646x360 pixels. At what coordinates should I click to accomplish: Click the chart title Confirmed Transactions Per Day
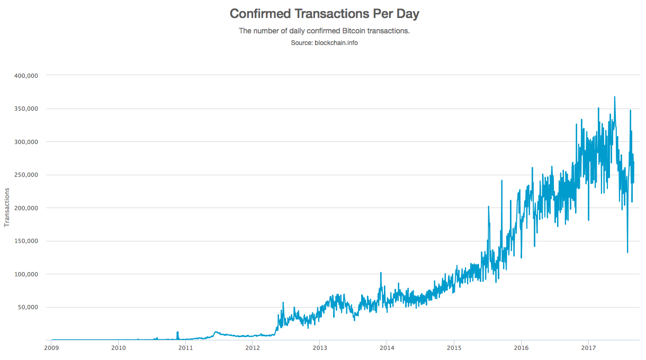(324, 14)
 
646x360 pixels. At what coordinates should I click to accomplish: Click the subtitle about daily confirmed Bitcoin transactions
(324, 31)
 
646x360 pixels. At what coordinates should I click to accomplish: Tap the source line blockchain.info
(324, 42)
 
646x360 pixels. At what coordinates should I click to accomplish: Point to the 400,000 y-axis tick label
(26, 76)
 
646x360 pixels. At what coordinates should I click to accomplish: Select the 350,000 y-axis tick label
(26, 109)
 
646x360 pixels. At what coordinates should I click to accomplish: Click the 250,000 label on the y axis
(26, 175)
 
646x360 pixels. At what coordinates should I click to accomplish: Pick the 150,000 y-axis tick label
(26, 241)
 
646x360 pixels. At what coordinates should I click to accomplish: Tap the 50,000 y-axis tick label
(28, 307)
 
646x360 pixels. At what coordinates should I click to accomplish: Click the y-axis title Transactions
(7, 207)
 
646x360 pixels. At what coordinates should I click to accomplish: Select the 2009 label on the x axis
(51, 348)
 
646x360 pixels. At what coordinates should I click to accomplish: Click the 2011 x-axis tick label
(185, 348)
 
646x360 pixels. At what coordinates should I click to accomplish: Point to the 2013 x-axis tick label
(320, 348)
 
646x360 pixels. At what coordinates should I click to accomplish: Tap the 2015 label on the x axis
(454, 348)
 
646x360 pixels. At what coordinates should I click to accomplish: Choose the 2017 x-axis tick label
(588, 348)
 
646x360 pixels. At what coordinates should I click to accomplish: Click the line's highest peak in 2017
(614, 97)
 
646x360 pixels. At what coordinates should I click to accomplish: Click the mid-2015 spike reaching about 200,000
(488, 206)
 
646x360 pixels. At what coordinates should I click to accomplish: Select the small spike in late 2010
(177, 332)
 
